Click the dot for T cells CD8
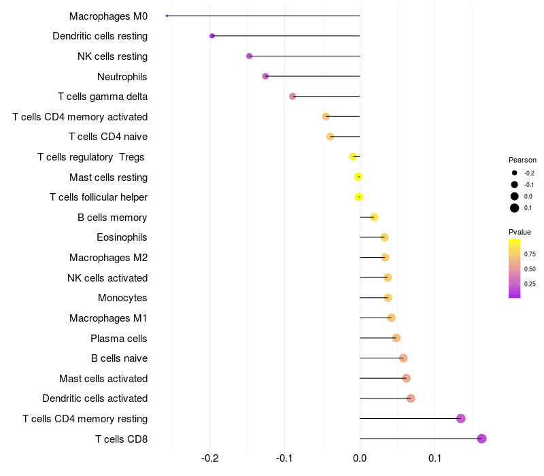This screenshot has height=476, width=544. click(x=481, y=439)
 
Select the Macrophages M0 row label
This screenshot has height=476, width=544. click(x=108, y=16)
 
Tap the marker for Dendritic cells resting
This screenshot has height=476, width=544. click(x=212, y=36)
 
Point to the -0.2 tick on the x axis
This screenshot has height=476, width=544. click(x=210, y=458)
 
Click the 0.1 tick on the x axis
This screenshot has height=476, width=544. click(x=435, y=458)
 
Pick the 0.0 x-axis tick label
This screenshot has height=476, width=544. click(x=360, y=458)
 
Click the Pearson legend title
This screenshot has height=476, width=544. click(x=522, y=160)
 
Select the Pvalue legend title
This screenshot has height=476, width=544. click(x=520, y=233)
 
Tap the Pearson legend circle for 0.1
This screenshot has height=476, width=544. click(x=515, y=208)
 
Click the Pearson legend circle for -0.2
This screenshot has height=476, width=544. click(x=515, y=173)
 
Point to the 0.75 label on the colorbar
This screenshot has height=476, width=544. click(x=530, y=254)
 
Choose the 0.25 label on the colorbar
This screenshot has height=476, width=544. click(x=530, y=284)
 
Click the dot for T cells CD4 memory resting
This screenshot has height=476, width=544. click(x=460, y=418)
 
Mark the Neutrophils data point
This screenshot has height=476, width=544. click(x=265, y=76)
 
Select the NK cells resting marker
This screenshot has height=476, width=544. click(x=249, y=56)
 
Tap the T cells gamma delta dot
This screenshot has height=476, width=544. click(x=292, y=97)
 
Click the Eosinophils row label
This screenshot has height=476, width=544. click(x=122, y=237)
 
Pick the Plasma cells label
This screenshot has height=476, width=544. click(x=118, y=338)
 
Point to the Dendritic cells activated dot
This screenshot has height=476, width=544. click(x=411, y=398)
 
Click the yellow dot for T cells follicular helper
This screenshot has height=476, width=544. click(x=358, y=197)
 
